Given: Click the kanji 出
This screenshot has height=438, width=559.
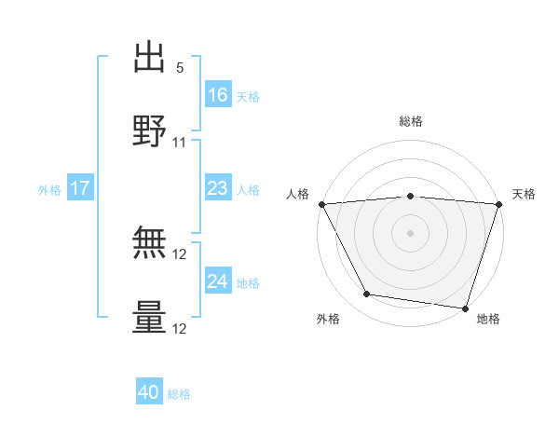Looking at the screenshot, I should [150, 58].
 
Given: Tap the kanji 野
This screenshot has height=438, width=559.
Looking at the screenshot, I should [150, 130].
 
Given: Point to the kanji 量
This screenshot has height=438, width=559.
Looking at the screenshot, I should [150, 317].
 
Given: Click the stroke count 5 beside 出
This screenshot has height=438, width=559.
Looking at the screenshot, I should [180, 68].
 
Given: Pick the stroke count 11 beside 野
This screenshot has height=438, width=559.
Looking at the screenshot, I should [180, 143].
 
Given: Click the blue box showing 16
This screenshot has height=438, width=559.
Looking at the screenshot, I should [217, 95].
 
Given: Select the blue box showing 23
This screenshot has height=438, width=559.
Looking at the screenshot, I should [217, 188].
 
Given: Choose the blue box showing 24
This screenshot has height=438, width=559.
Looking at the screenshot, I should [217, 281].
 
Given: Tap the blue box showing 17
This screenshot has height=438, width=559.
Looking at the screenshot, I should [79, 188].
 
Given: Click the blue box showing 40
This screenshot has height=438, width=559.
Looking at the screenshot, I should [149, 392].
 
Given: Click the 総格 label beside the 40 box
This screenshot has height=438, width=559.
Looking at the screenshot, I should [179, 394].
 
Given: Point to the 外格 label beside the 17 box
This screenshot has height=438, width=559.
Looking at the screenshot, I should [49, 190].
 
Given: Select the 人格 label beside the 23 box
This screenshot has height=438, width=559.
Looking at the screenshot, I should [248, 190].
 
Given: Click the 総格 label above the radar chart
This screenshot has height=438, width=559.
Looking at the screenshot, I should [411, 121].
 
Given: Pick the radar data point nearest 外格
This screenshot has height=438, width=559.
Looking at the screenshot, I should [367, 294].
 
